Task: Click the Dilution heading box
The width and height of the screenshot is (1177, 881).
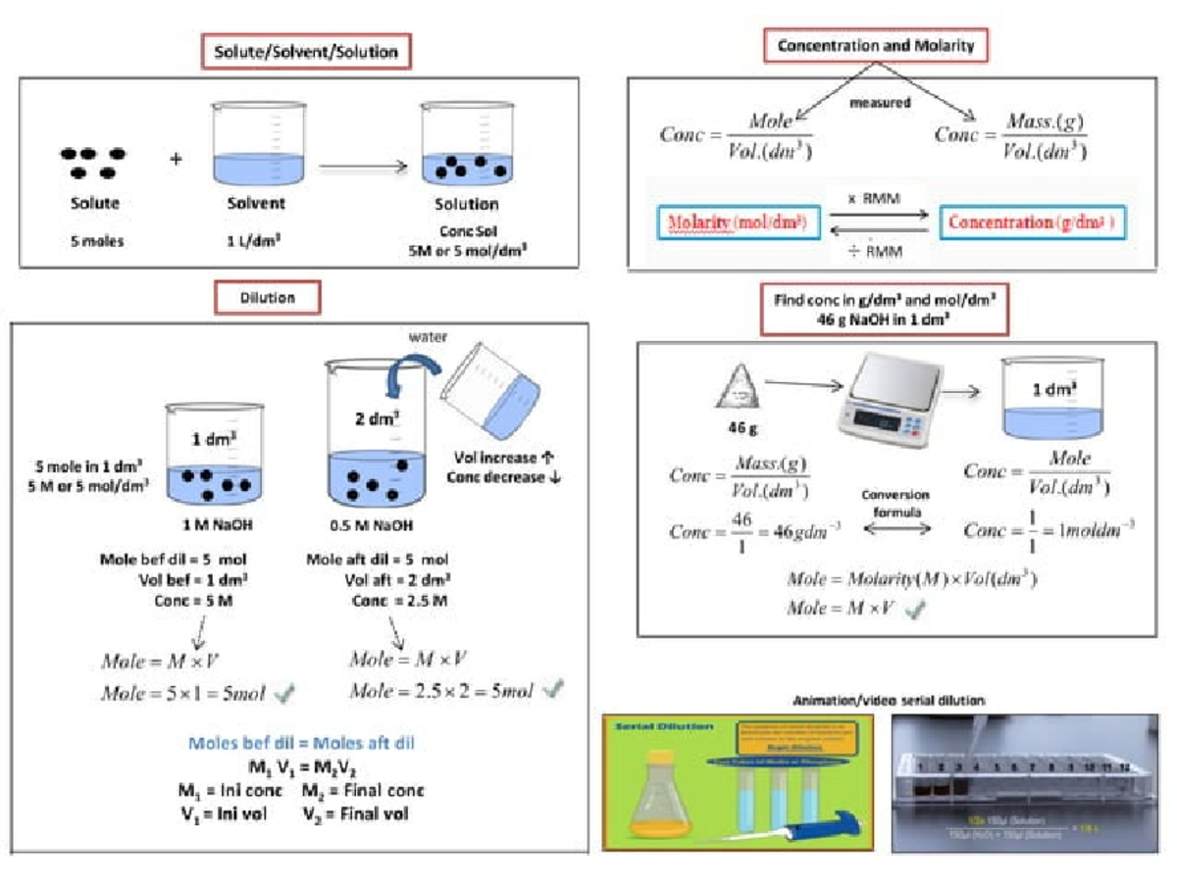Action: pos(267,296)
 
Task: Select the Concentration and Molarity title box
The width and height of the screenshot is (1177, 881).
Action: pos(876,46)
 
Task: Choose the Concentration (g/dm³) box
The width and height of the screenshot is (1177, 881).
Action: pos(1031,222)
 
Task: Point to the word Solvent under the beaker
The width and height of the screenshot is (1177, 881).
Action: pos(256,204)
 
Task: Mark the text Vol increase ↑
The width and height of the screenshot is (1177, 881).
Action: pos(502,458)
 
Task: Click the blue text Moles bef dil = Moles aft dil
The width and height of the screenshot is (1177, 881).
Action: pos(301,743)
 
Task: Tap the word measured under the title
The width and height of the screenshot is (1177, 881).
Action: pos(880,102)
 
